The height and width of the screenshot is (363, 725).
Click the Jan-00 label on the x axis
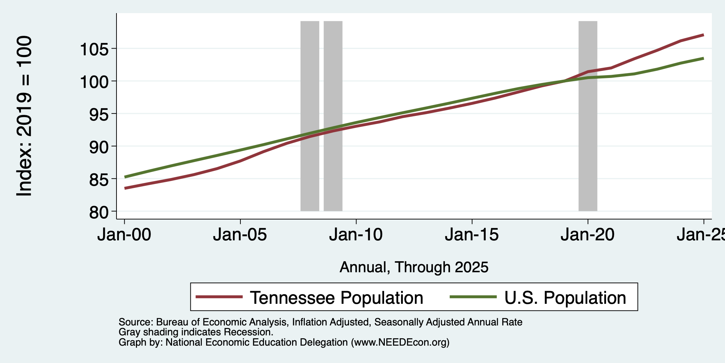click(x=124, y=235)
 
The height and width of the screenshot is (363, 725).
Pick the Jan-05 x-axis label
click(x=240, y=235)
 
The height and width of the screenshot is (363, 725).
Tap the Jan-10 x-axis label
click(x=356, y=235)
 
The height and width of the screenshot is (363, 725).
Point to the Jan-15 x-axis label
click(x=472, y=235)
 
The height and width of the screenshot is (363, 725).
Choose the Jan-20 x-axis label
click(x=588, y=235)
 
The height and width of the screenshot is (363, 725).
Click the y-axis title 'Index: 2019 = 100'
click(x=24, y=116)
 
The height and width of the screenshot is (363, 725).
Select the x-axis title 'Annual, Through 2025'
click(x=414, y=267)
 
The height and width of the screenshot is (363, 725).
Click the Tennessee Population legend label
click(x=337, y=297)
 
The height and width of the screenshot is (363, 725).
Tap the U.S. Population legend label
click(x=565, y=297)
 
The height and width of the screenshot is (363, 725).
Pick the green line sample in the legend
click(x=473, y=297)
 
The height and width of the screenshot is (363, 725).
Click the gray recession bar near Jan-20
click(x=588, y=116)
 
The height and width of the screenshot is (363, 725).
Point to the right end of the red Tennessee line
click(x=703, y=35)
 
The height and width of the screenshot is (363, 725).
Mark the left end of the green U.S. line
click(x=125, y=177)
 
